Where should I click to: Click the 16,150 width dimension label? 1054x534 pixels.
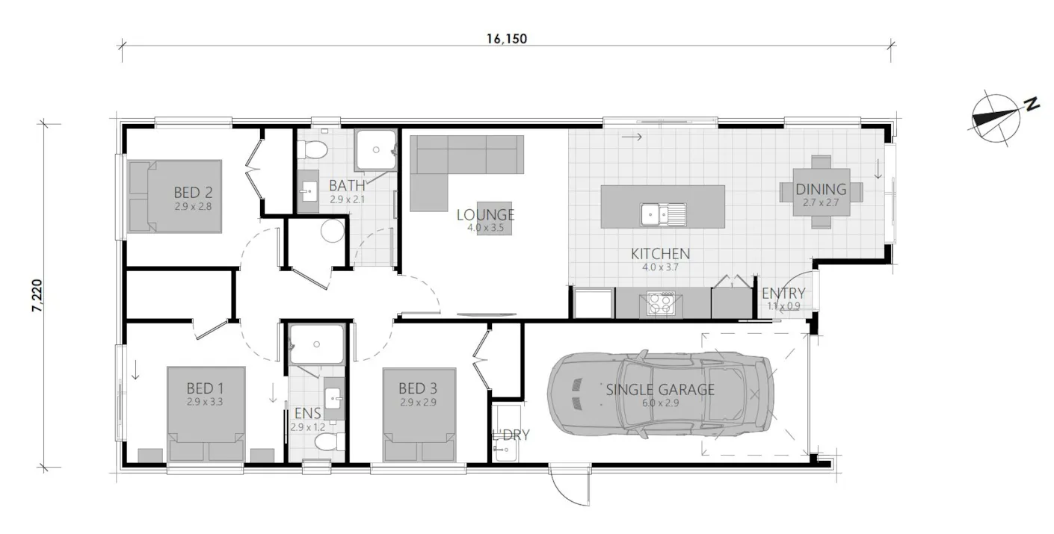tap(506, 39)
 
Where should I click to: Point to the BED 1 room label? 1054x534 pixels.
tap(205, 388)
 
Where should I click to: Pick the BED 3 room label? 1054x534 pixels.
tap(418, 388)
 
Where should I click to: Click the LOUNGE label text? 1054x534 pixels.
tap(486, 215)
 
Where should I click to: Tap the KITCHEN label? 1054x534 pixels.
tap(660, 254)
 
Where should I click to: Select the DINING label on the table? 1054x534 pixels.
tap(821, 190)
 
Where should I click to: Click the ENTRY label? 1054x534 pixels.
tap(783, 294)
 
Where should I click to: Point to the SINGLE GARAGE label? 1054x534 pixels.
tap(660, 390)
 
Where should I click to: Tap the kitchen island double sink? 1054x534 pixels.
tap(663, 214)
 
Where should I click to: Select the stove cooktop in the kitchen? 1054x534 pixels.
tap(660, 304)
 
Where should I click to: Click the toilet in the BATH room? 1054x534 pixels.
tap(312, 150)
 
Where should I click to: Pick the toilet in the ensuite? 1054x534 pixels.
tap(327, 444)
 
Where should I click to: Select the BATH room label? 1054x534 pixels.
tap(347, 185)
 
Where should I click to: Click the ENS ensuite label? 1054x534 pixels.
tap(306, 414)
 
